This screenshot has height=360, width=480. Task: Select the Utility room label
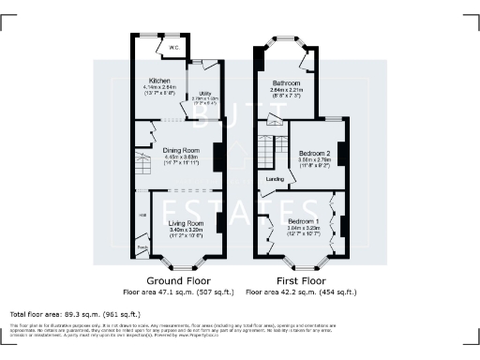click(x=199, y=92)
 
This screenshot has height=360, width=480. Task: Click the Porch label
click(x=142, y=247)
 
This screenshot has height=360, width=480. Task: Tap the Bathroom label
click(x=286, y=82)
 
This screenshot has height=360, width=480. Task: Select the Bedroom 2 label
click(x=314, y=153)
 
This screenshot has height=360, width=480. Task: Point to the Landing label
click(x=276, y=178)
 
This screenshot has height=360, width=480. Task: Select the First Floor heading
click(x=300, y=280)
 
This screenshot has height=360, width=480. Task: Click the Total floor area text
click(x=74, y=313)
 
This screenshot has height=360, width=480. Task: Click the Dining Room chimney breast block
click(x=217, y=155)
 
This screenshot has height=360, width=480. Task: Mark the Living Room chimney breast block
click(x=218, y=223)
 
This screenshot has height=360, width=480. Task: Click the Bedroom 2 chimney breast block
click(x=340, y=155)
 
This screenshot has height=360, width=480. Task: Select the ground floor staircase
click(x=144, y=168)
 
